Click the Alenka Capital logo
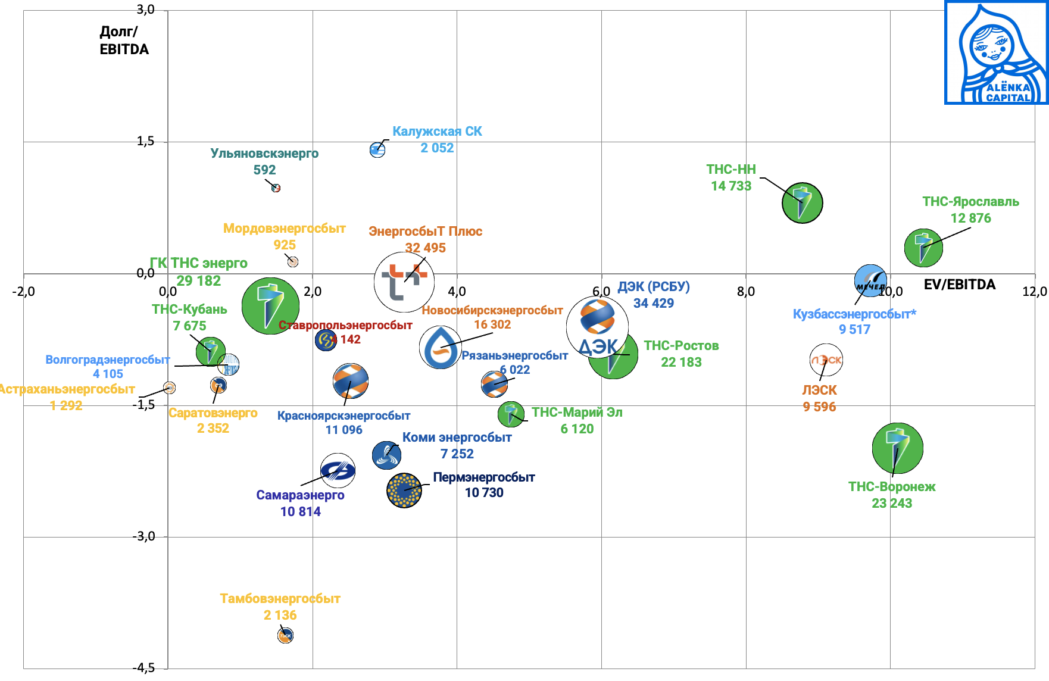tap(996, 52)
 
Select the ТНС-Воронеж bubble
tap(897, 448)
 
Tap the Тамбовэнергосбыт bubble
tap(286, 636)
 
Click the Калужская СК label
tap(437, 132)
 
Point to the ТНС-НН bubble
tap(802, 202)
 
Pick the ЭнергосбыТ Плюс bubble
tap(404, 282)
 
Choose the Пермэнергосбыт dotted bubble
tap(404, 491)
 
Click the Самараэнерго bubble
tap(338, 471)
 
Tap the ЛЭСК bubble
tap(826, 360)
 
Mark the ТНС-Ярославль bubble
tap(923, 248)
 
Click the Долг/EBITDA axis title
tap(124, 40)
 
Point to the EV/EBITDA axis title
tap(959, 285)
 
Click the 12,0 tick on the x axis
tap(1034, 292)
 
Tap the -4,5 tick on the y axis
tap(143, 668)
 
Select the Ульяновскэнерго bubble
tap(276, 188)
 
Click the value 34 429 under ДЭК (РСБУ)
tap(653, 304)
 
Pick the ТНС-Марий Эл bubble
tap(511, 414)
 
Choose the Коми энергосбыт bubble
tap(386, 455)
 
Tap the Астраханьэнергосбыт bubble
tap(170, 388)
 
